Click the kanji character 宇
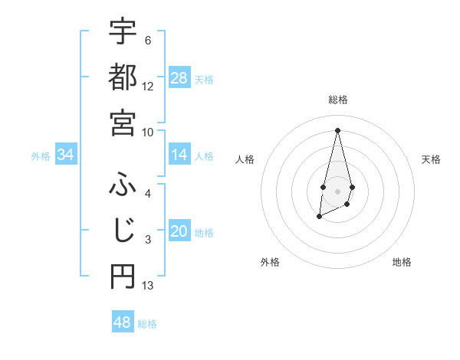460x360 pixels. [x=123, y=31]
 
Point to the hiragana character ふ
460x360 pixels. [x=123, y=184]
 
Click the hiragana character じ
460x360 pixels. [x=123, y=230]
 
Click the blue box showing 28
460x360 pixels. [x=179, y=78]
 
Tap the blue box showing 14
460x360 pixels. [x=179, y=155]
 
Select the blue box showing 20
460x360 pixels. [x=179, y=232]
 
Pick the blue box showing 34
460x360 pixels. [x=66, y=155]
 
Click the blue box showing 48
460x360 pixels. [x=123, y=322]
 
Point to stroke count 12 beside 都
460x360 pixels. [x=148, y=87]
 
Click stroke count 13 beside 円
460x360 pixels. [x=148, y=286]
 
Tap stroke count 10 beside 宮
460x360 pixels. [x=148, y=132]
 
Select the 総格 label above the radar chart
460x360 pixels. [x=337, y=100]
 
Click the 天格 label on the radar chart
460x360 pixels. [x=431, y=159]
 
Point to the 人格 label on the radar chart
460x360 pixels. [x=245, y=159]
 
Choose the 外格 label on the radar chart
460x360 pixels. [x=269, y=262]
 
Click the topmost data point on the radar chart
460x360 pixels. [x=337, y=129]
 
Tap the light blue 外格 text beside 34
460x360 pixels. [x=41, y=156]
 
